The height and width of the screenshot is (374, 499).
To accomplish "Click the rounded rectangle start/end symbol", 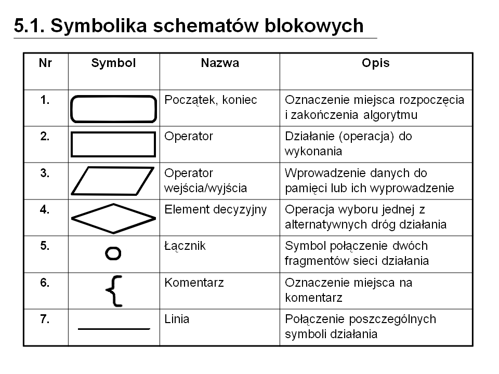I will [x=113, y=109].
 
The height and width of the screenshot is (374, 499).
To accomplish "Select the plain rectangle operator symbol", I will [x=113, y=144].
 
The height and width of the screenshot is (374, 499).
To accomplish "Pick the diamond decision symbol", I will [x=113, y=217].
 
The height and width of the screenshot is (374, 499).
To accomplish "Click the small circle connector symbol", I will [x=113, y=253].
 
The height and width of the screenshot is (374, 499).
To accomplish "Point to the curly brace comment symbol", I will [x=114, y=290].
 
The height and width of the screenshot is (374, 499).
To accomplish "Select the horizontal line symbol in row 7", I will [x=113, y=329].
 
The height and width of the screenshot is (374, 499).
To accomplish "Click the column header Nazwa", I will [x=220, y=63].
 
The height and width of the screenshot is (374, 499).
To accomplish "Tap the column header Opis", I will [x=375, y=63].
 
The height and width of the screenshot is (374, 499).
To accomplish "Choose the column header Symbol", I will [x=113, y=63].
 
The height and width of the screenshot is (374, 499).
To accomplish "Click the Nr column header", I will [x=45, y=63].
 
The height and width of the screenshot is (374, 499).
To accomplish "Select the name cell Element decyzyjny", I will [x=215, y=209].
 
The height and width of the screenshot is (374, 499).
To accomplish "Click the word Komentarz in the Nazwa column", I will [x=194, y=283].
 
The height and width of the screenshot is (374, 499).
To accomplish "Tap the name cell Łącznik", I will [x=185, y=246].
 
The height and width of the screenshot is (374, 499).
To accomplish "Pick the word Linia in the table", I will [x=177, y=319].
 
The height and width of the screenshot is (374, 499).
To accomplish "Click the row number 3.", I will [x=45, y=173].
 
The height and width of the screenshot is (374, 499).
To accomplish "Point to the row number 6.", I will [x=45, y=283].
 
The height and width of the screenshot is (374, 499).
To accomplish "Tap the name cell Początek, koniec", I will [x=211, y=100].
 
